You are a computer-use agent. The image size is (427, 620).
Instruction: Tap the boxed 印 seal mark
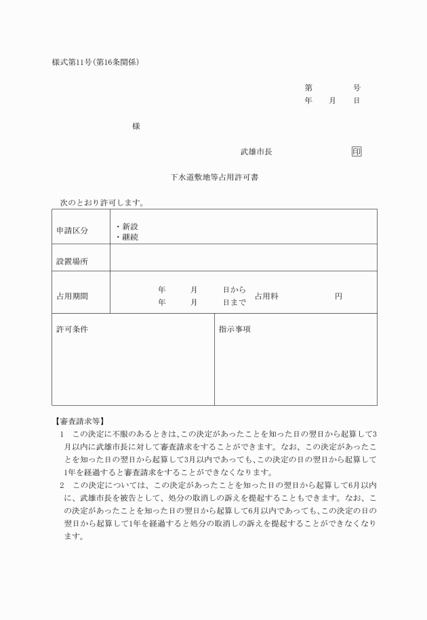pyautogui.click(x=357, y=152)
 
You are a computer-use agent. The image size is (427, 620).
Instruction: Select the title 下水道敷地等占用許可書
pyautogui.click(x=213, y=178)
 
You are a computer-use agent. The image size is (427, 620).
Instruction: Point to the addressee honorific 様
pyautogui.click(x=136, y=126)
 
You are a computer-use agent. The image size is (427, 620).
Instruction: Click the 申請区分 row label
pyautogui.click(x=72, y=231)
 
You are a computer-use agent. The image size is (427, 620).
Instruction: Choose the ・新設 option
pyautogui.click(x=127, y=226)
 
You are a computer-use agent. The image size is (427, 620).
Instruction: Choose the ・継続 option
pyautogui.click(x=127, y=237)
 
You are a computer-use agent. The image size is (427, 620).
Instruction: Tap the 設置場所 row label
pyautogui.click(x=72, y=262)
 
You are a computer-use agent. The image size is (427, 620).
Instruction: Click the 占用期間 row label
pyautogui.click(x=72, y=296)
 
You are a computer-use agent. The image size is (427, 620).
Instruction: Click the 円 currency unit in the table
pyautogui.click(x=338, y=296)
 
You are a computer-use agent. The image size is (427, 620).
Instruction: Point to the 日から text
pyautogui.click(x=235, y=290)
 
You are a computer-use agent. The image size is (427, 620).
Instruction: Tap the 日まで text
pyautogui.click(x=235, y=303)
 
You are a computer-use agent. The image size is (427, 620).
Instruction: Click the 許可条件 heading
pyautogui.click(x=72, y=329)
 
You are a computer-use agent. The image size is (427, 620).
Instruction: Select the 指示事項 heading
pyautogui.click(x=235, y=329)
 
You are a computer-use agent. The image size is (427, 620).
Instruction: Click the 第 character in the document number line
pyautogui.click(x=308, y=88)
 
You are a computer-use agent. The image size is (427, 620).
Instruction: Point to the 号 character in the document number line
pyautogui.click(x=357, y=88)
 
